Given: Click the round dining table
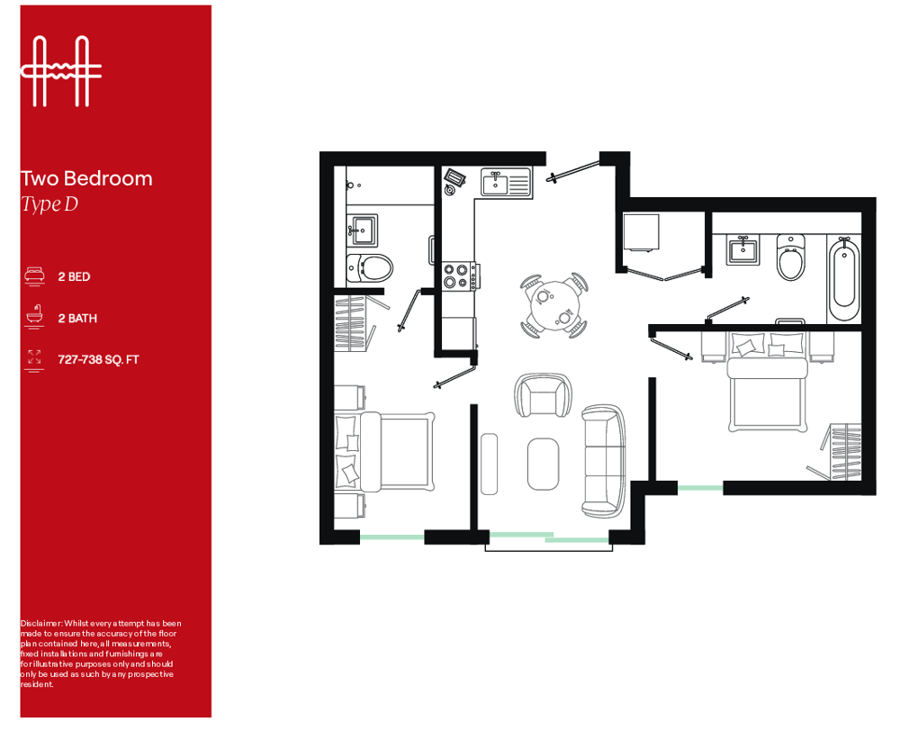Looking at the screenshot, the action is click(554, 306).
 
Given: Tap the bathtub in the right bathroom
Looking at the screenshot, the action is click(844, 280).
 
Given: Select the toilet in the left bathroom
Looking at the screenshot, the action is click(369, 267).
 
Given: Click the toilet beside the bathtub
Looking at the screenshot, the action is click(790, 257).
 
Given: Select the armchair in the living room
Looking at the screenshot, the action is click(543, 395).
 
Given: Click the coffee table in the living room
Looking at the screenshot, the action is click(543, 464).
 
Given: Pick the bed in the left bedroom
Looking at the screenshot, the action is click(384, 451).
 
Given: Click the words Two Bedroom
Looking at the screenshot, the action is click(86, 178).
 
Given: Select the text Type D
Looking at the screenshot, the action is click(49, 204).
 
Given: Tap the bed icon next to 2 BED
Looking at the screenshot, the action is click(34, 275).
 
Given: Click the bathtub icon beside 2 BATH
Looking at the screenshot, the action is click(34, 317).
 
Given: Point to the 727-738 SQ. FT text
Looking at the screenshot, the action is click(98, 360).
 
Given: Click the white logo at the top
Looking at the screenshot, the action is click(61, 71).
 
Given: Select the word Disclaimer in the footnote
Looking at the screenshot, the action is click(40, 624).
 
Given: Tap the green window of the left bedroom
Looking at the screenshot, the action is click(392, 537).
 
